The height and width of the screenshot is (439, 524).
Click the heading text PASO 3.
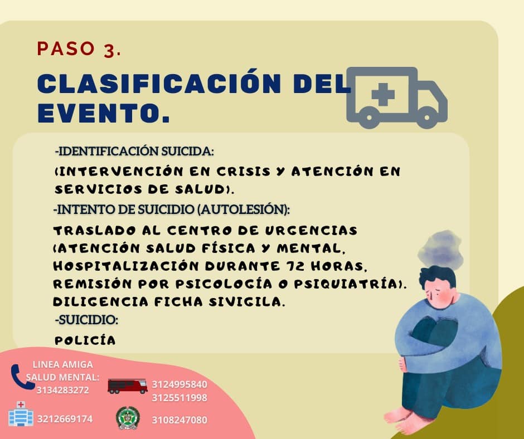coord(79,49)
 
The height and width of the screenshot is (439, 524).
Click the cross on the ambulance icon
coord(382,94)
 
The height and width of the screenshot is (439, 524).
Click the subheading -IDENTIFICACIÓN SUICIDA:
coord(134,152)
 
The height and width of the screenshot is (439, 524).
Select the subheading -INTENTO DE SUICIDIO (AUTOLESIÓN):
coord(172,210)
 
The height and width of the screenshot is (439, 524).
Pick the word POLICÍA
coord(85,340)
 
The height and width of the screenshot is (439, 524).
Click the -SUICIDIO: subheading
coord(87,320)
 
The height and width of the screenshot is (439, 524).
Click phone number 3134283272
coord(62,390)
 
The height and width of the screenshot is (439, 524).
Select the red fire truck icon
coord(127,386)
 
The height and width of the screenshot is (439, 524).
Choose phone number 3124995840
coord(179,384)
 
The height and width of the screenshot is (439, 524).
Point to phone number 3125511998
coord(179,398)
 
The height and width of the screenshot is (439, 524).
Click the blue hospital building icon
coord(21,414)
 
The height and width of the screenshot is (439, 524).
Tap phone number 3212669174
coord(65,419)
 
